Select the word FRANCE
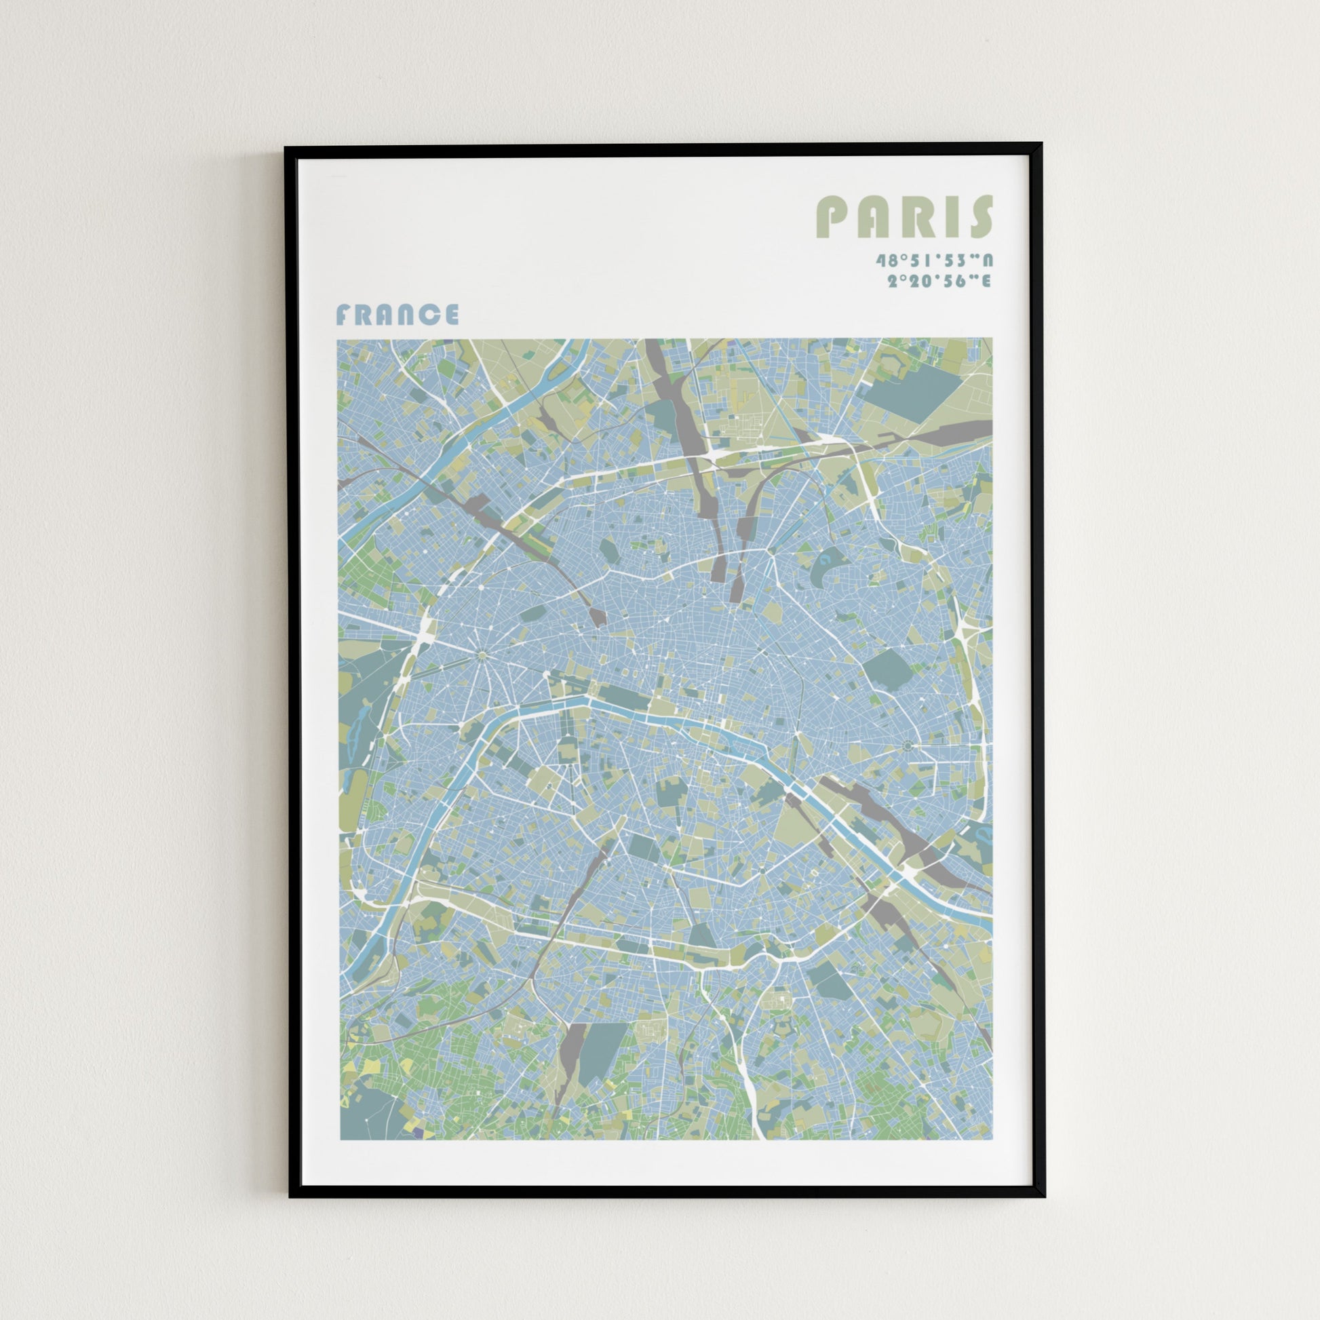[x=397, y=315]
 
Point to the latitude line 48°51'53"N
[x=934, y=260]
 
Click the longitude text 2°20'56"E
[x=939, y=281]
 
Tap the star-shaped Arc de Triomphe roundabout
[x=482, y=656]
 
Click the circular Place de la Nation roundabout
[x=908, y=746]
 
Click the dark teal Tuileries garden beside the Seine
[x=623, y=696]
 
